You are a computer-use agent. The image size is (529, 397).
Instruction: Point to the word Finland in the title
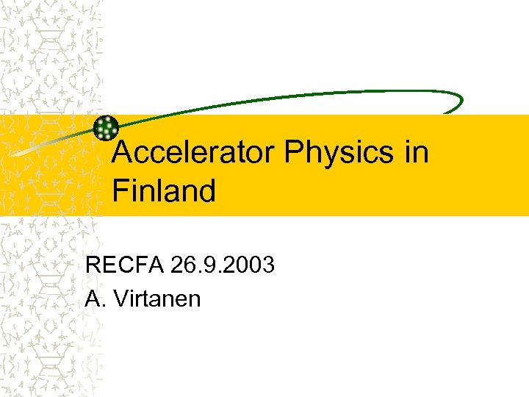(164, 191)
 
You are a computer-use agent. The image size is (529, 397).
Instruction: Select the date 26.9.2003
(223, 264)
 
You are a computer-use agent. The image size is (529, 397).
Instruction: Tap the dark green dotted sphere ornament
(107, 128)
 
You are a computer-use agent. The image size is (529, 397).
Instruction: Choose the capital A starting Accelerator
(126, 153)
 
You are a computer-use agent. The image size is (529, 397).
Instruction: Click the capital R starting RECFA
(93, 264)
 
